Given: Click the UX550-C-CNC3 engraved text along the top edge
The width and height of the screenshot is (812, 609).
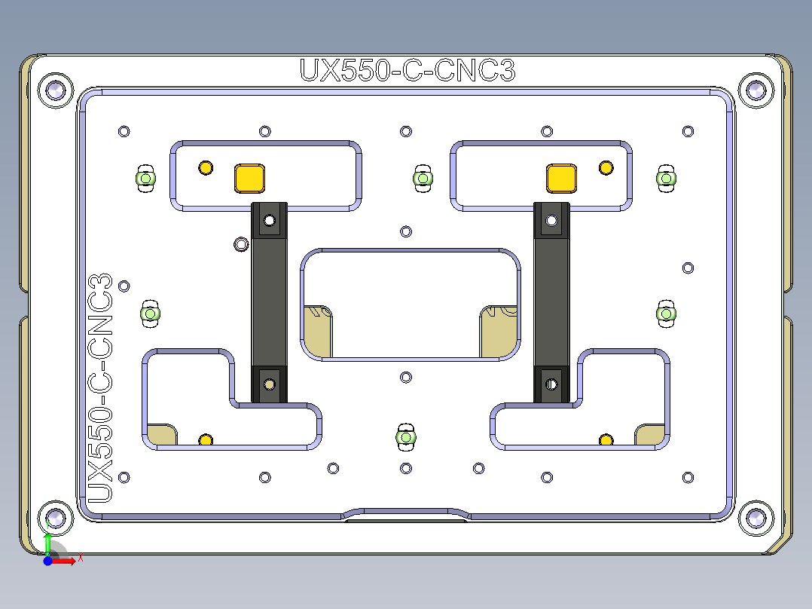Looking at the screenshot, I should pyautogui.click(x=408, y=70).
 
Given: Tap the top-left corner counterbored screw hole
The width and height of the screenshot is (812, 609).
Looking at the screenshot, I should pyautogui.click(x=55, y=90).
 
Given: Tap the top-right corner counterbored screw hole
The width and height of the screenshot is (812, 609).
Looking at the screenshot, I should pyautogui.click(x=756, y=90).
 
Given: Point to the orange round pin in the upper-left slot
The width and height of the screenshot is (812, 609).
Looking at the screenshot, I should pyautogui.click(x=205, y=167).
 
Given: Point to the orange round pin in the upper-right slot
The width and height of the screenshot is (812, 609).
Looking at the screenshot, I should pyautogui.click(x=606, y=167).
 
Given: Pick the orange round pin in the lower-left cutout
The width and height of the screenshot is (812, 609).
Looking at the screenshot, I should pyautogui.click(x=205, y=440).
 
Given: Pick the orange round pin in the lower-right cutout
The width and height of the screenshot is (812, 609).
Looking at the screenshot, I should pyautogui.click(x=606, y=440).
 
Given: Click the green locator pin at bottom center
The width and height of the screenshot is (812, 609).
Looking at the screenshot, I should pyautogui.click(x=406, y=437).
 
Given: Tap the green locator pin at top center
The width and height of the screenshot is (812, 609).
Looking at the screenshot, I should pyautogui.click(x=423, y=179).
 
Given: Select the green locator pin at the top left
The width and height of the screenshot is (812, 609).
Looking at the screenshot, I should pyautogui.click(x=145, y=179).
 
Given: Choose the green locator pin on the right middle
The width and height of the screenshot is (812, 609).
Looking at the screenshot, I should pyautogui.click(x=666, y=313).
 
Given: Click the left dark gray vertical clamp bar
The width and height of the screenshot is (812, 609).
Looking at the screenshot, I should pyautogui.click(x=269, y=301).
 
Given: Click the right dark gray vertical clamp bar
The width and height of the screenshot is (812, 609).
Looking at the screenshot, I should pyautogui.click(x=551, y=301).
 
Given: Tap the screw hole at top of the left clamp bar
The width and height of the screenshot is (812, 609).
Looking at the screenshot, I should pyautogui.click(x=269, y=221).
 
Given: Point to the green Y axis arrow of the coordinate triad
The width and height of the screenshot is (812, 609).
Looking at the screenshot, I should pyautogui.click(x=47, y=542).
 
